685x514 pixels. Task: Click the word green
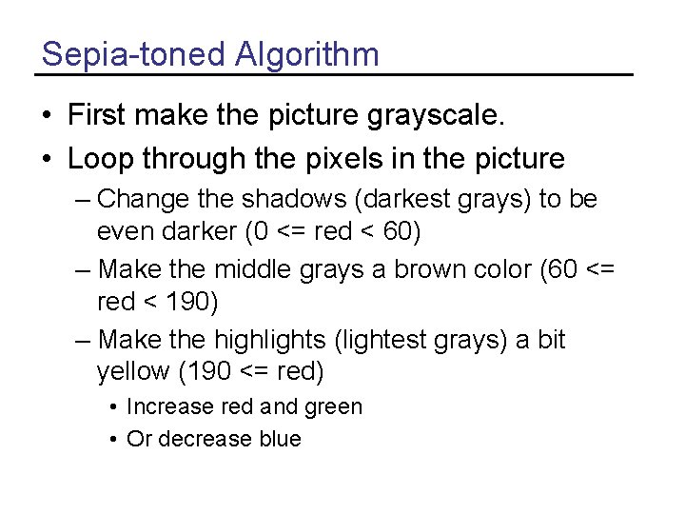click(333, 407)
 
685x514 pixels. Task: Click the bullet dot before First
click(47, 117)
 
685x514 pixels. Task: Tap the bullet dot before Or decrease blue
click(113, 439)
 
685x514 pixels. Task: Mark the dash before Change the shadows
click(83, 200)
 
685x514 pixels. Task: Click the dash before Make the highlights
click(83, 341)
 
